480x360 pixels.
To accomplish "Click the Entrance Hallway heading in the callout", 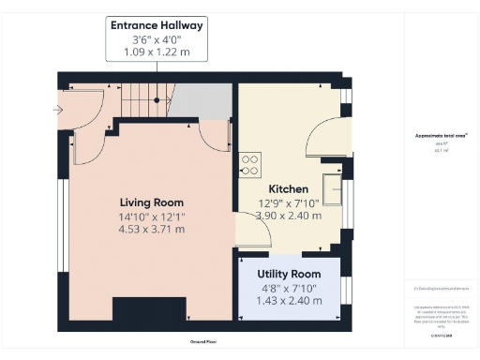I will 157,24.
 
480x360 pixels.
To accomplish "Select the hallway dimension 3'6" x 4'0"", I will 157,39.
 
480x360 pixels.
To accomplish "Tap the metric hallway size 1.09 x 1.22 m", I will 157,52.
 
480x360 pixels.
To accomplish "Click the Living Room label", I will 151,202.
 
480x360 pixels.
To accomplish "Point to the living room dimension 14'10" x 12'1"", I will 151,217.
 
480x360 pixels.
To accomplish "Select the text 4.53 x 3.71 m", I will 151,231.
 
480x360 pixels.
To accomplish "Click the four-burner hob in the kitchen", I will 249,165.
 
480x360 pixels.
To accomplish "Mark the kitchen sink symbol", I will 332,184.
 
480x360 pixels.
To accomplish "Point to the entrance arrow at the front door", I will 60,110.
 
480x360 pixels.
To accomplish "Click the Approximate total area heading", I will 441,135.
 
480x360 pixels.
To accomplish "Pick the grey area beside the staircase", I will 202,101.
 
